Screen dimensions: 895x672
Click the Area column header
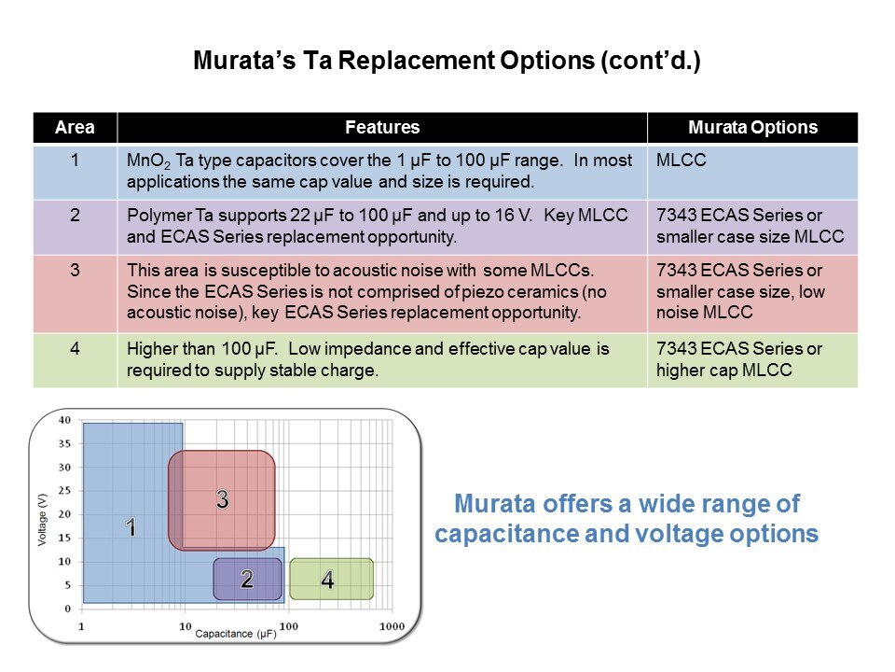click(x=75, y=128)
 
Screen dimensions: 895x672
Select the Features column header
click(x=382, y=128)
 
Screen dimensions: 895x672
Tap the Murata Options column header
click(x=753, y=128)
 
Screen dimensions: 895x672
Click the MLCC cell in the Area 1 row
click(x=681, y=160)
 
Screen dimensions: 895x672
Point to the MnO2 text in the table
click(x=148, y=161)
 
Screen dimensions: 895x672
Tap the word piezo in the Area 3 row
click(x=485, y=292)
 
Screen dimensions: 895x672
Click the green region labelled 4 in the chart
click(x=332, y=580)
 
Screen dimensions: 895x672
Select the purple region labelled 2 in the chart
click(x=248, y=580)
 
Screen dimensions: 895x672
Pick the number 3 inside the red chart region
click(x=223, y=499)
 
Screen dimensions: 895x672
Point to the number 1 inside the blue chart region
click(x=131, y=526)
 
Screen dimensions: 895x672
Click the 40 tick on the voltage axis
click(x=64, y=420)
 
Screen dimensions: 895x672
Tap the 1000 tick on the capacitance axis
click(x=392, y=626)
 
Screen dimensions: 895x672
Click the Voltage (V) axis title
click(x=42, y=520)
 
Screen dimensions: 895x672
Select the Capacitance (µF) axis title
click(x=236, y=634)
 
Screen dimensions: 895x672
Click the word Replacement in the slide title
click(x=466, y=61)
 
